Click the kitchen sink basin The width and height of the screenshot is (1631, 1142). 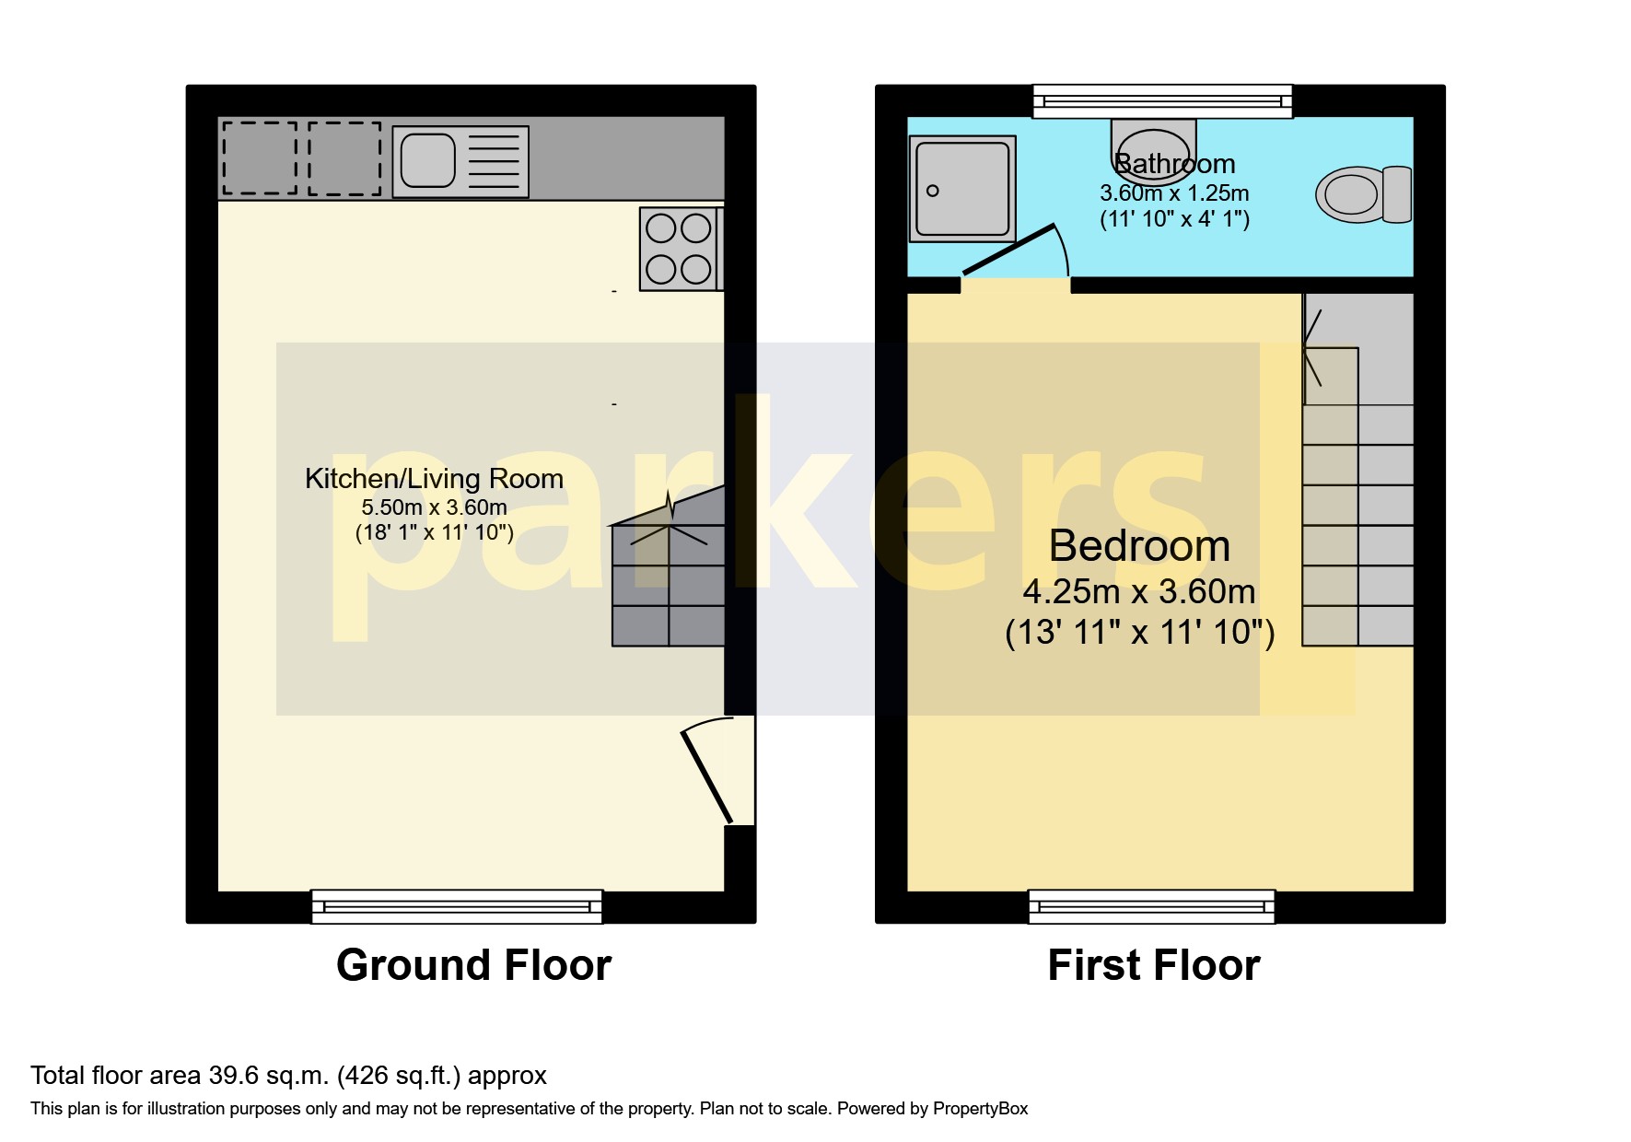click(428, 161)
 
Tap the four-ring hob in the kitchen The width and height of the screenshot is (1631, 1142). click(679, 249)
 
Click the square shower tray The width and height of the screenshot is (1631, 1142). click(961, 189)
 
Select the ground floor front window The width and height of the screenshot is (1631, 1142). click(457, 906)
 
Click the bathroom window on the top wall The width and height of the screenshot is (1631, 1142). click(1161, 101)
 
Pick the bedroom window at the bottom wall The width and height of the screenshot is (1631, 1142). click(1151, 906)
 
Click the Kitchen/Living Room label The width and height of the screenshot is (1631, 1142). click(434, 479)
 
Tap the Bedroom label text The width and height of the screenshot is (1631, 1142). click(1139, 546)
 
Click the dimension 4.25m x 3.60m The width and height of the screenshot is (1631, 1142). click(1139, 591)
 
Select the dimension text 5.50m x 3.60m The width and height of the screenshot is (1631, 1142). click(434, 507)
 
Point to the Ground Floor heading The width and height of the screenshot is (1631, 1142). click(473, 965)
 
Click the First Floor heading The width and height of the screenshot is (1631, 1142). click(1153, 965)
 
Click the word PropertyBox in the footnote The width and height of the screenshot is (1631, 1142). click(980, 1109)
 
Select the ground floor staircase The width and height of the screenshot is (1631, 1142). click(669, 580)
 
